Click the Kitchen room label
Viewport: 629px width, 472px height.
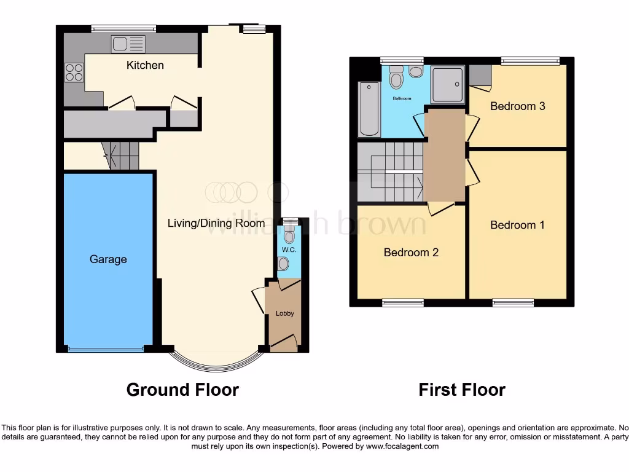(145, 65)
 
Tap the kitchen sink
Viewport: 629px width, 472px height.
(128, 44)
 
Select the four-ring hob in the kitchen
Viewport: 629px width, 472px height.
(74, 73)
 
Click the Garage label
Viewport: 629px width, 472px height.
(108, 259)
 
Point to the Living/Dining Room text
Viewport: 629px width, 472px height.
(216, 223)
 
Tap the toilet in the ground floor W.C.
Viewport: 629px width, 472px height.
(289, 235)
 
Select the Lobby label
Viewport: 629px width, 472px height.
(284, 313)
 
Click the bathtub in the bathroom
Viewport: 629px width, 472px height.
(369, 109)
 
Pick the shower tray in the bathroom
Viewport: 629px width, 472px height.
(447, 84)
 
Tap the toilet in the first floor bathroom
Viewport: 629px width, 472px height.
(396, 78)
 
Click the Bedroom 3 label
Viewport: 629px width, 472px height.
(517, 106)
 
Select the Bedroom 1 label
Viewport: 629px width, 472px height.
(517, 225)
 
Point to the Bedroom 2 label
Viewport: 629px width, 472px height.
(411, 253)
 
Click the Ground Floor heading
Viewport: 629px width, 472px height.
(182, 390)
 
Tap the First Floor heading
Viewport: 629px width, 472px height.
(462, 390)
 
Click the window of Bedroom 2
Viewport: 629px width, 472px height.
(403, 302)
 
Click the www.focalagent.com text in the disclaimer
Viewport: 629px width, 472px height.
(402, 446)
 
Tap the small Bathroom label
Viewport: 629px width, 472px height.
(402, 98)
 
